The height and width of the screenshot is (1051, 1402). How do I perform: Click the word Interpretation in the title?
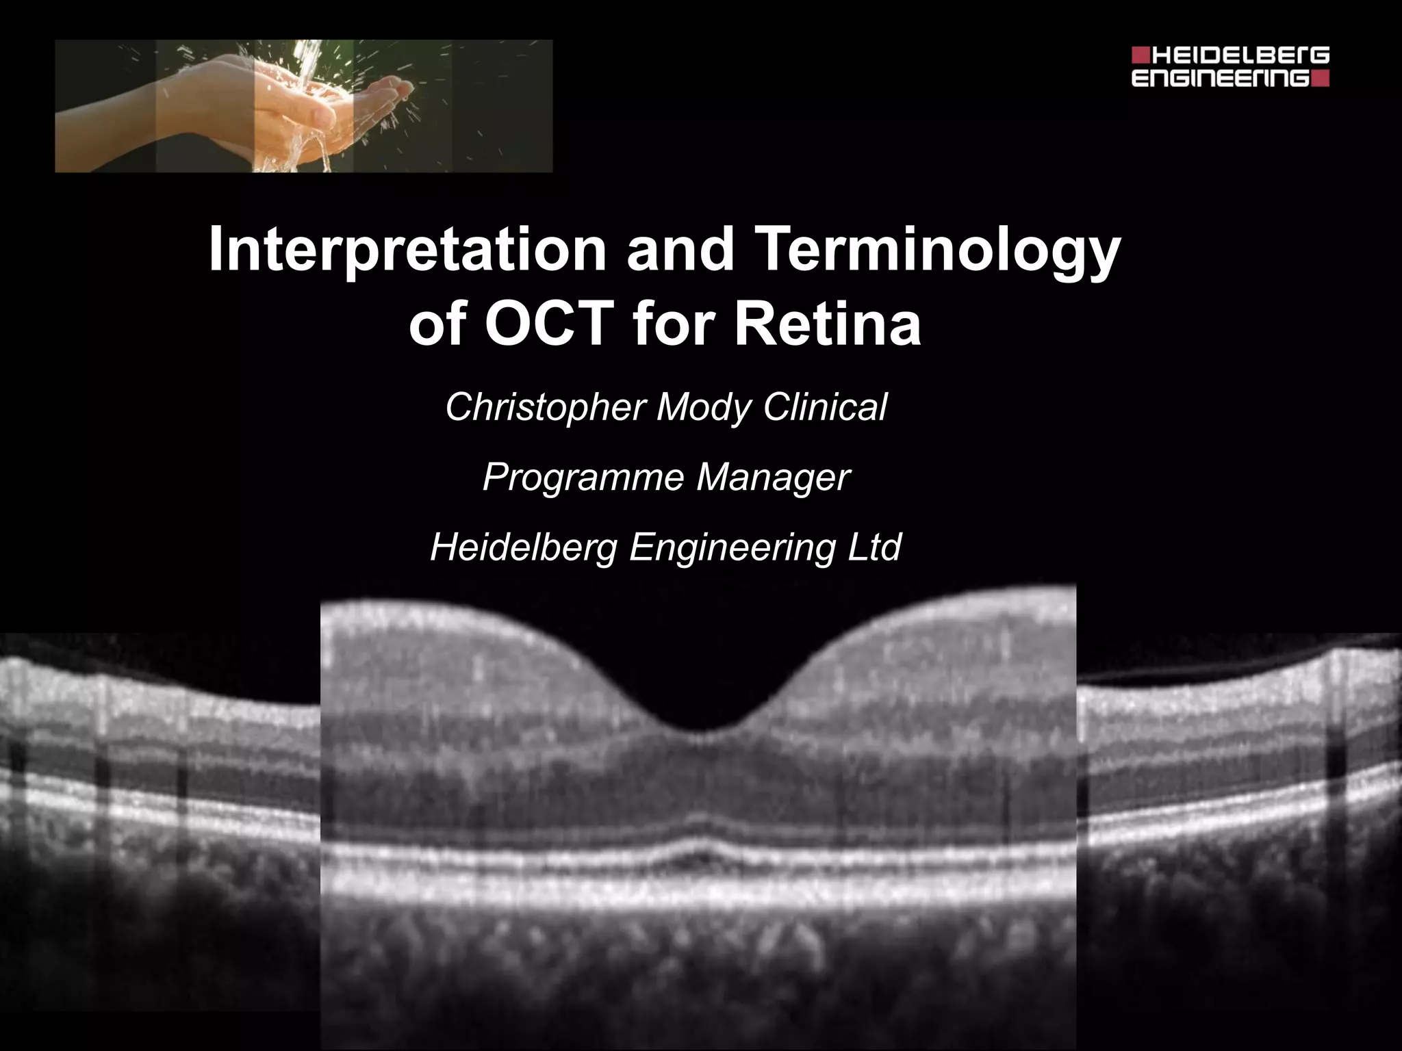(x=407, y=250)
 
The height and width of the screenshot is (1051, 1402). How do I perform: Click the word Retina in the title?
(x=828, y=324)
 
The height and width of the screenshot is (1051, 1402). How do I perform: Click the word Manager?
(x=773, y=477)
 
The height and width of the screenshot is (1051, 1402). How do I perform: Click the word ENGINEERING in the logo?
(x=1220, y=78)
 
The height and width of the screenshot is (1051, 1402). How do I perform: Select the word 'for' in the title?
(x=671, y=324)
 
